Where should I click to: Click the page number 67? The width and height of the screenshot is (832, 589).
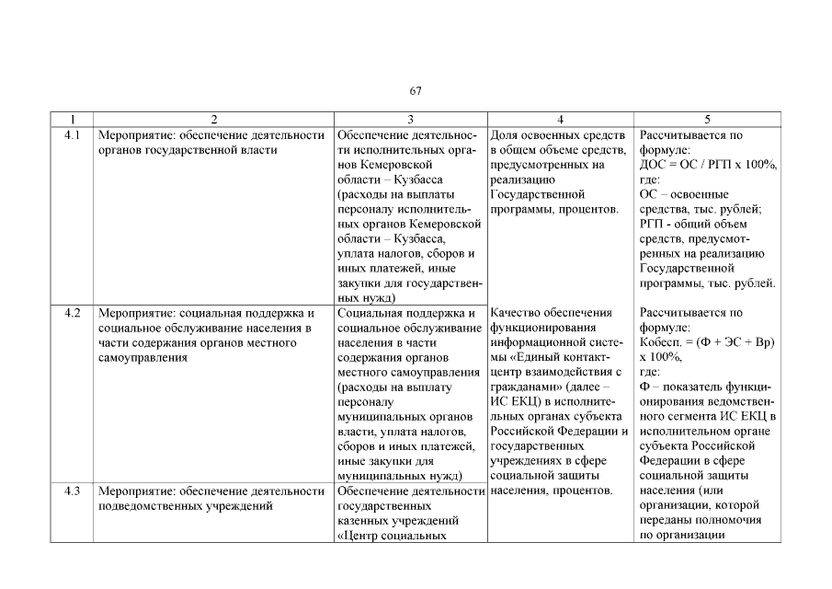(416, 90)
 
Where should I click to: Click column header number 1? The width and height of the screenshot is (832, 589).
(72, 120)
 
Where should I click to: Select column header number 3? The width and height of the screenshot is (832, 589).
(410, 120)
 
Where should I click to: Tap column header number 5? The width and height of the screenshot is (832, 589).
(707, 120)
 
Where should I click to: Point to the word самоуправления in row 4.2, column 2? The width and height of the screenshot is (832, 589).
(142, 357)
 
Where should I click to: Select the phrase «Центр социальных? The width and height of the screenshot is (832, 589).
(392, 535)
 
